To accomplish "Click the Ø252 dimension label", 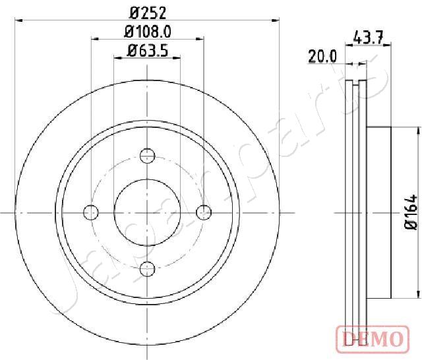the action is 148,13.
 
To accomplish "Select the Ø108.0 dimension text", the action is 148,32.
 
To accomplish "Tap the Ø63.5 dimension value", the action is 148,51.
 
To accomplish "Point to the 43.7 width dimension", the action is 368,38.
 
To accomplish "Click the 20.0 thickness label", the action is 322,56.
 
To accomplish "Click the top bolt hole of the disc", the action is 148,156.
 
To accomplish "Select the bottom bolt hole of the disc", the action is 148,269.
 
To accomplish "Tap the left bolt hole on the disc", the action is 91,212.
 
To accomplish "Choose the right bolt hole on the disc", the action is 204,212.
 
